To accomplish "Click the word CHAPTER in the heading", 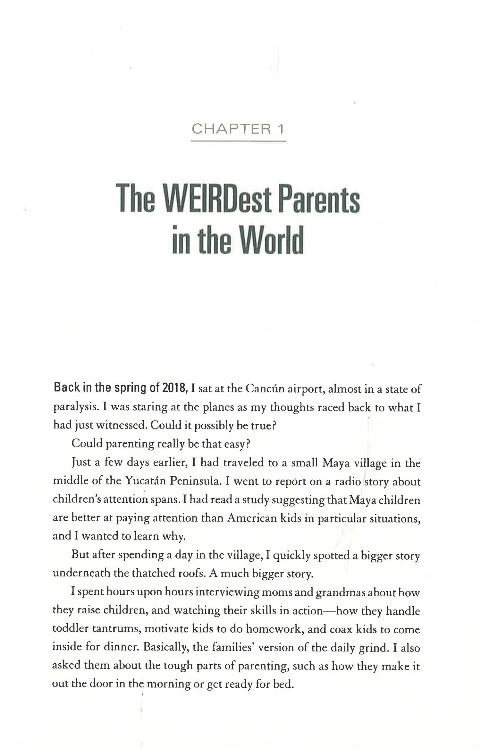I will tap(230, 129).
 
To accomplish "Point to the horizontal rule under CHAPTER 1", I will tap(238, 141).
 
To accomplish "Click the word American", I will tap(252, 518).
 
